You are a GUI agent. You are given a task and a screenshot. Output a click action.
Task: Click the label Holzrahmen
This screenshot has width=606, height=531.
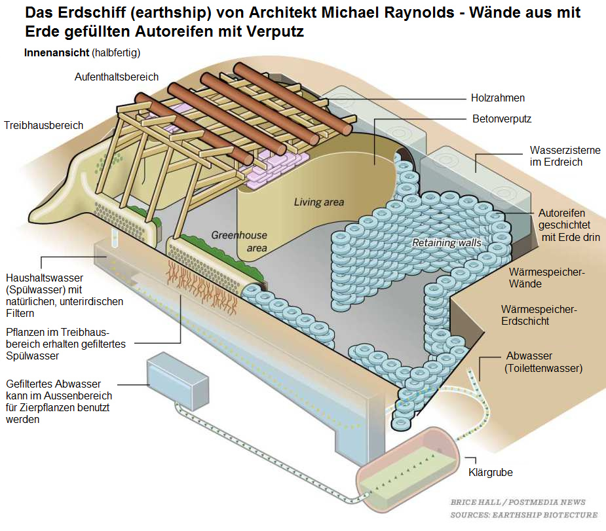498,98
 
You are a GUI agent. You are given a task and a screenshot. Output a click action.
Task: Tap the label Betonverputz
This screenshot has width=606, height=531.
502,119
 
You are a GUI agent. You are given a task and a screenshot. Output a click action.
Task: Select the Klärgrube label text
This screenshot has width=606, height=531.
490,472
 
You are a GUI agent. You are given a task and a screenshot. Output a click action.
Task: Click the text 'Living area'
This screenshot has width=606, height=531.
318,202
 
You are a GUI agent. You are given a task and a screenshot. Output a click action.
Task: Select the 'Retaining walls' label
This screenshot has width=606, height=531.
446,243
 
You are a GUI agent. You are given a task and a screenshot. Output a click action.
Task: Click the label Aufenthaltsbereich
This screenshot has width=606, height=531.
117,77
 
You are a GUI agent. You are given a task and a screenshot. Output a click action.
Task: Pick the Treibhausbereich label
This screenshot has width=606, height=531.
43,125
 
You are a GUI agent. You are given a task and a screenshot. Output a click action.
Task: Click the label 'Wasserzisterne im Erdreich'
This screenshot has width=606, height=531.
565,156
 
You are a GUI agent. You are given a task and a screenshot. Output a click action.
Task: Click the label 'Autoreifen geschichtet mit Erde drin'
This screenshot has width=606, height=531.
568,225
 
